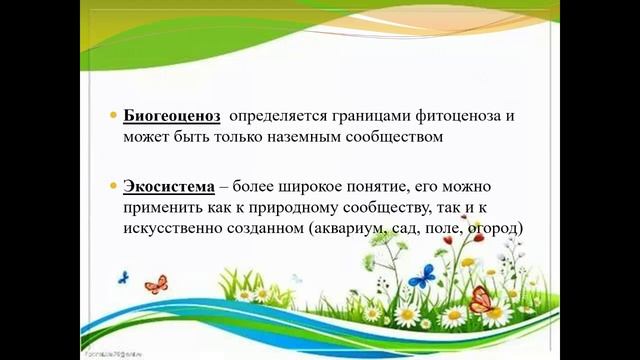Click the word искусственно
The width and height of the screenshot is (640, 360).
click(171, 228)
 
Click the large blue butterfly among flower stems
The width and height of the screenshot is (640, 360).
click(422, 275)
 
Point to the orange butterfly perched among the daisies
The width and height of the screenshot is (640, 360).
click(481, 298)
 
